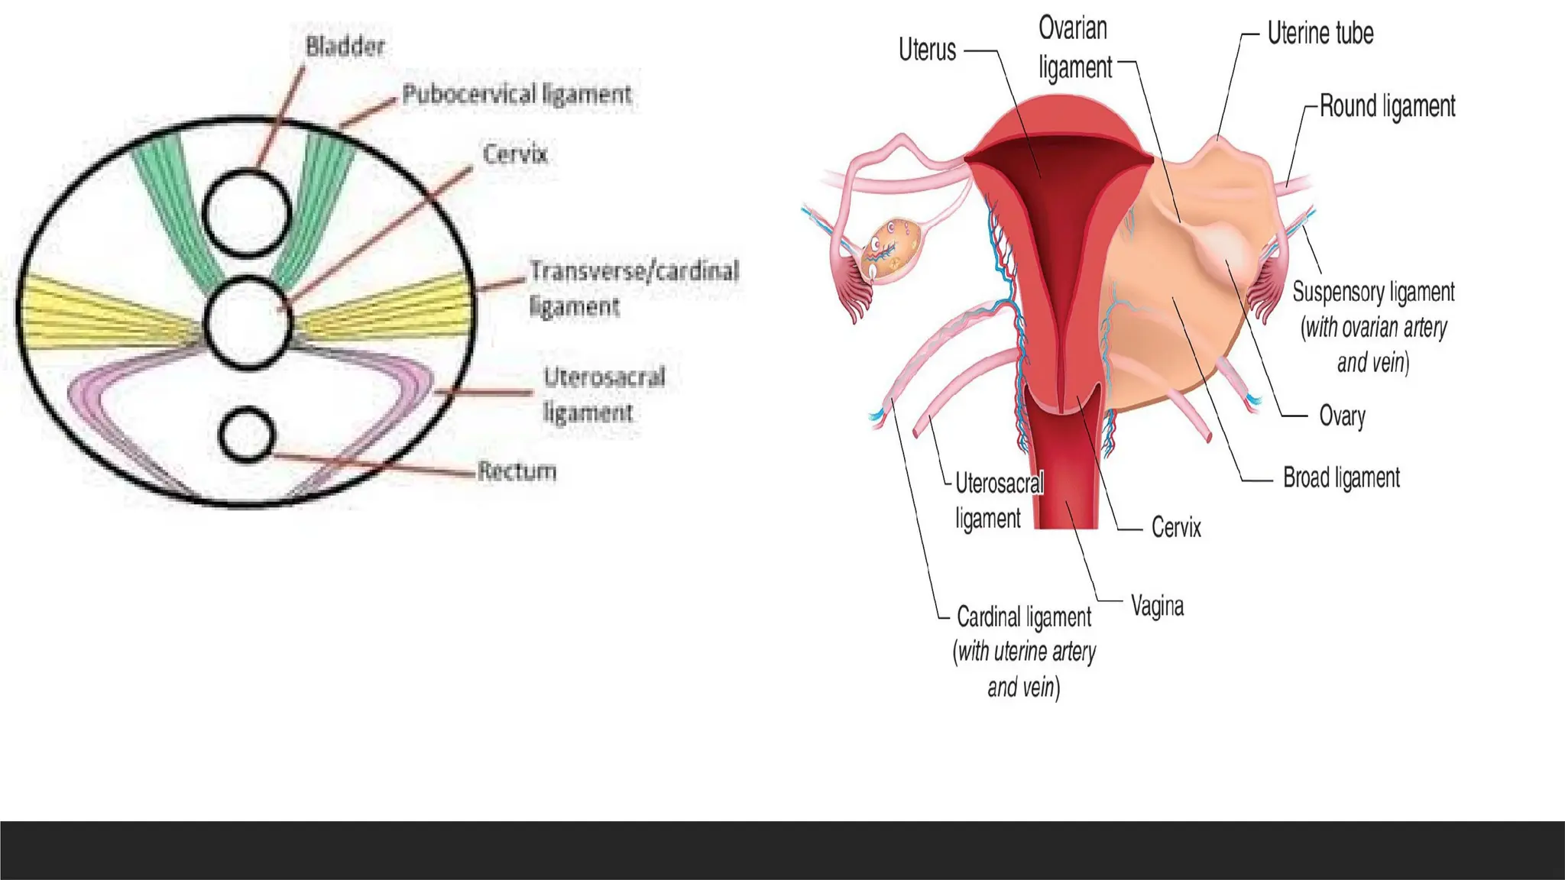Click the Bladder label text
[x=345, y=47]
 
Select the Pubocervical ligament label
[x=517, y=95]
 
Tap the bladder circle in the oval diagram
[x=248, y=213]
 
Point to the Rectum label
[x=517, y=471]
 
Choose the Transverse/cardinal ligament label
[x=633, y=288]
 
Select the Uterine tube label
[x=1320, y=34]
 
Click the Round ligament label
[x=1387, y=107]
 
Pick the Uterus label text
[x=927, y=50]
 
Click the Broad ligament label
[x=1341, y=478]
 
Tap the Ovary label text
[x=1342, y=416]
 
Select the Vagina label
[x=1157, y=607]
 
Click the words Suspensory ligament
[x=1373, y=292]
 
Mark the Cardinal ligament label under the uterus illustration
[x=1024, y=617]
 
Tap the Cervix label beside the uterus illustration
[x=1176, y=528]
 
